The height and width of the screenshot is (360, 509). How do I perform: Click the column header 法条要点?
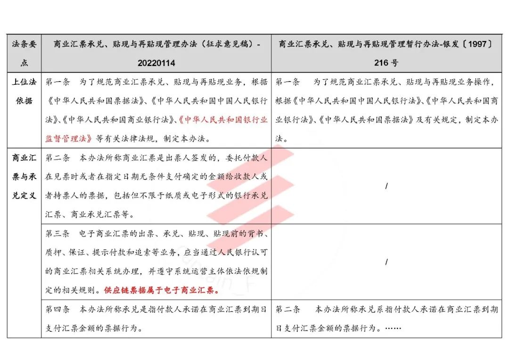(24, 53)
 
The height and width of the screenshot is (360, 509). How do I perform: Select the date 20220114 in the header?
(156, 63)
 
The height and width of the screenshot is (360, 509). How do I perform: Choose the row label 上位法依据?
(24, 91)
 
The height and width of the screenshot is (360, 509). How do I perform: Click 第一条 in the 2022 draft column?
(57, 82)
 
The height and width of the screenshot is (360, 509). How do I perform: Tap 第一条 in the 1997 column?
(287, 82)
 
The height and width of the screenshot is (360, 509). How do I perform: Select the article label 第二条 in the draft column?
(57, 158)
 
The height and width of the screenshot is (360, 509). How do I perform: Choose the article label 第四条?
(57, 310)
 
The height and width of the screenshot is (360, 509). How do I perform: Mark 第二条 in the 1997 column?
(287, 310)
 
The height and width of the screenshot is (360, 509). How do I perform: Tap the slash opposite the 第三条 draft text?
(386, 262)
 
